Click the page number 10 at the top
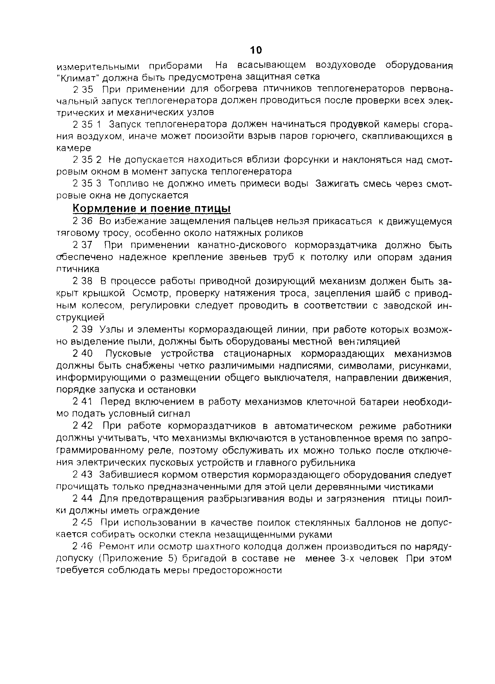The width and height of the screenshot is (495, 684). pyautogui.click(x=256, y=50)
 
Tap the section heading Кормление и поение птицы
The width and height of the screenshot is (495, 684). pyautogui.click(x=152, y=209)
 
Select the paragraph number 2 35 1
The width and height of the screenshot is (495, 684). pyautogui.click(x=87, y=124)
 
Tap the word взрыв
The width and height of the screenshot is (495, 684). pyautogui.click(x=261, y=136)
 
